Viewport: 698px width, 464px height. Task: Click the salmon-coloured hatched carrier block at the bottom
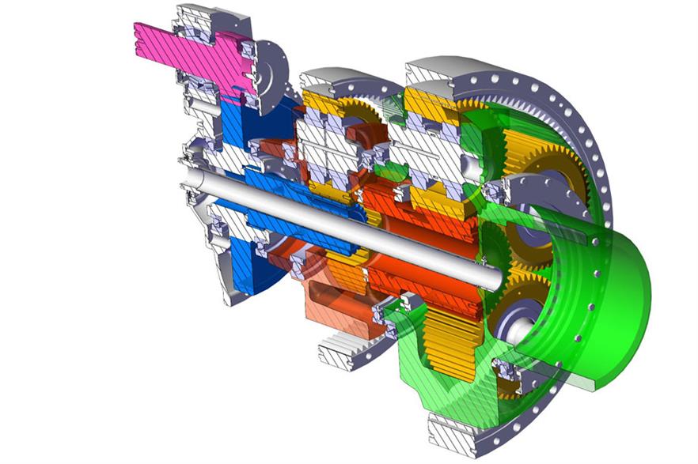(336, 304)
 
